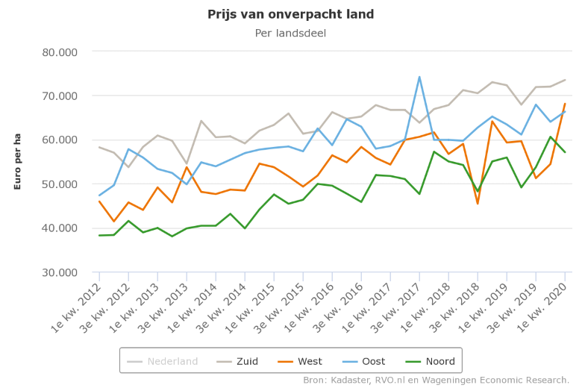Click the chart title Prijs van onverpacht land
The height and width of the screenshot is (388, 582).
[291, 14]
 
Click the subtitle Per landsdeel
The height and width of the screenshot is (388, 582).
[291, 33]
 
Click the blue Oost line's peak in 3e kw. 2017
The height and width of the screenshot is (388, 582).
[419, 77]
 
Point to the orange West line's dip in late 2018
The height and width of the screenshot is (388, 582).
[478, 203]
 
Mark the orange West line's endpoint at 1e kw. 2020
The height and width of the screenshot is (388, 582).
[565, 104]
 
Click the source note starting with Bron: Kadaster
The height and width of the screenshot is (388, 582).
[436, 380]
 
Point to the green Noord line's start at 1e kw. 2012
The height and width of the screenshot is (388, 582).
[99, 235]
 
